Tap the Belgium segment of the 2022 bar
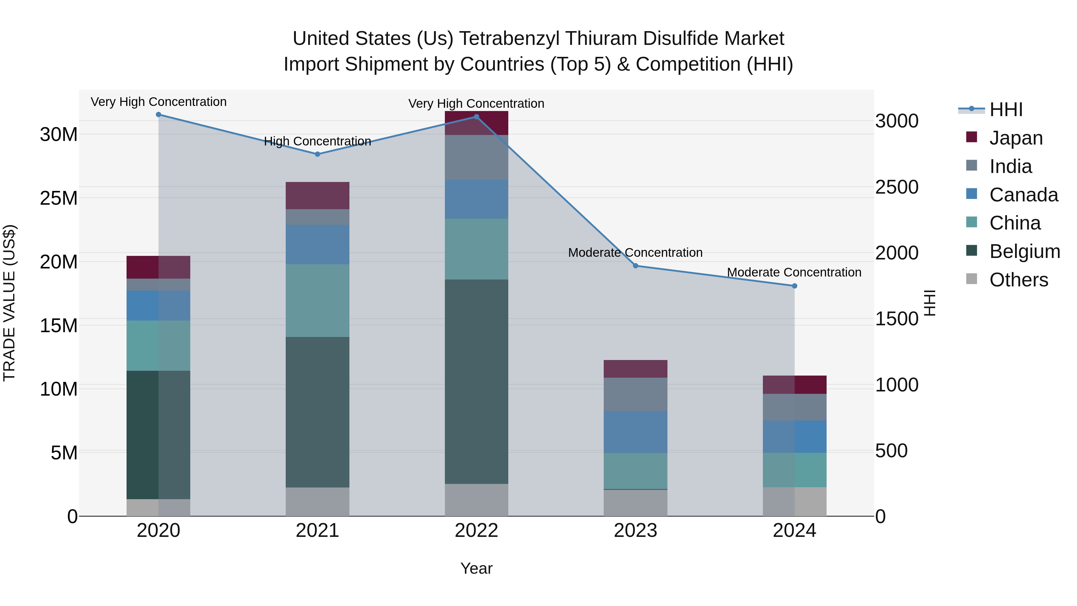click(476, 382)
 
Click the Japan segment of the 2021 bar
click(317, 195)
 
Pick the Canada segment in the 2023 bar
click(635, 432)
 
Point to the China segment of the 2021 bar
click(317, 300)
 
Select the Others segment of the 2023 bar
click(635, 503)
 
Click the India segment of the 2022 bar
click(476, 157)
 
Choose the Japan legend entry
click(1016, 138)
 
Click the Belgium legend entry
click(1024, 251)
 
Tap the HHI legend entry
click(1006, 110)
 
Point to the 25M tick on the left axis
click(59, 198)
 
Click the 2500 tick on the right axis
click(897, 187)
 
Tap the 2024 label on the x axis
click(794, 531)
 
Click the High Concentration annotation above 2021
click(317, 141)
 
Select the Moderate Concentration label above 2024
click(794, 272)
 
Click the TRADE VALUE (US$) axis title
click(9, 303)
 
